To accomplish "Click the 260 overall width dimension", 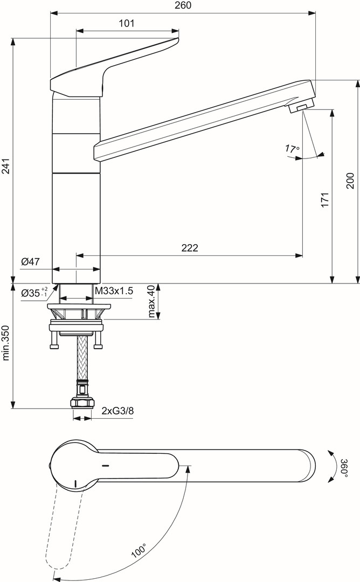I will (183, 5).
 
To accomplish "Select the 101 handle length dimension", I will (126, 23).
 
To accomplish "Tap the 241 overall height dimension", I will (6, 160).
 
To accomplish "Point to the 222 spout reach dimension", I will (190, 248).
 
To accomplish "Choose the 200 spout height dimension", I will (350, 180).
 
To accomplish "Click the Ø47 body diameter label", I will (31, 262).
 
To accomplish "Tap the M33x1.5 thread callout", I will (114, 292).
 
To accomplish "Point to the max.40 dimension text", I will (151, 302).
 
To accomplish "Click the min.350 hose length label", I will (6, 342).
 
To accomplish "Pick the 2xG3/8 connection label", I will (117, 411).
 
